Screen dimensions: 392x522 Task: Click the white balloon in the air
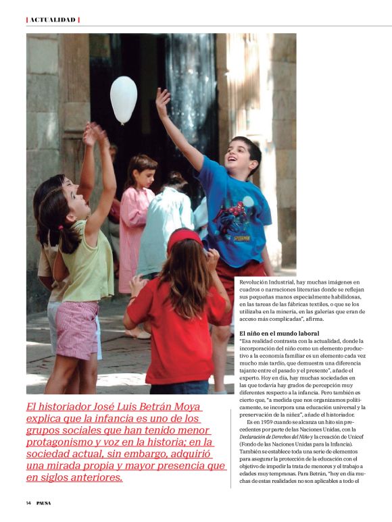124,99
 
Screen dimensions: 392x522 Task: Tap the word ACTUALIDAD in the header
53,20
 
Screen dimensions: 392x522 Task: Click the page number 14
29,503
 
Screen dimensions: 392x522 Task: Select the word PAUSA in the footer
44,503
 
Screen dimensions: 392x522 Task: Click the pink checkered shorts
76,330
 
